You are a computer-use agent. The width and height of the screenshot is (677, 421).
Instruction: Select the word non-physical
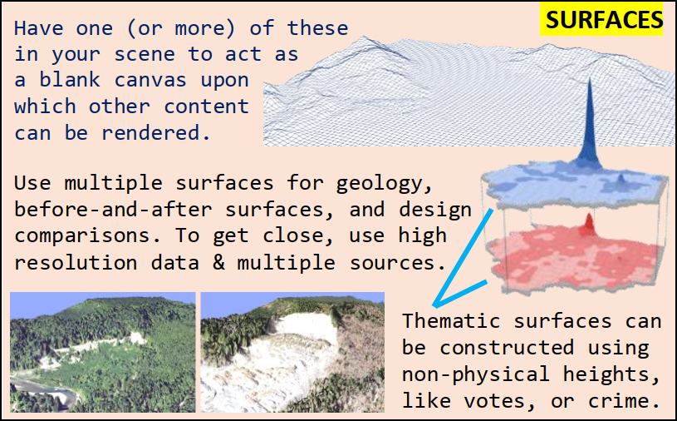click(x=482, y=374)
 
